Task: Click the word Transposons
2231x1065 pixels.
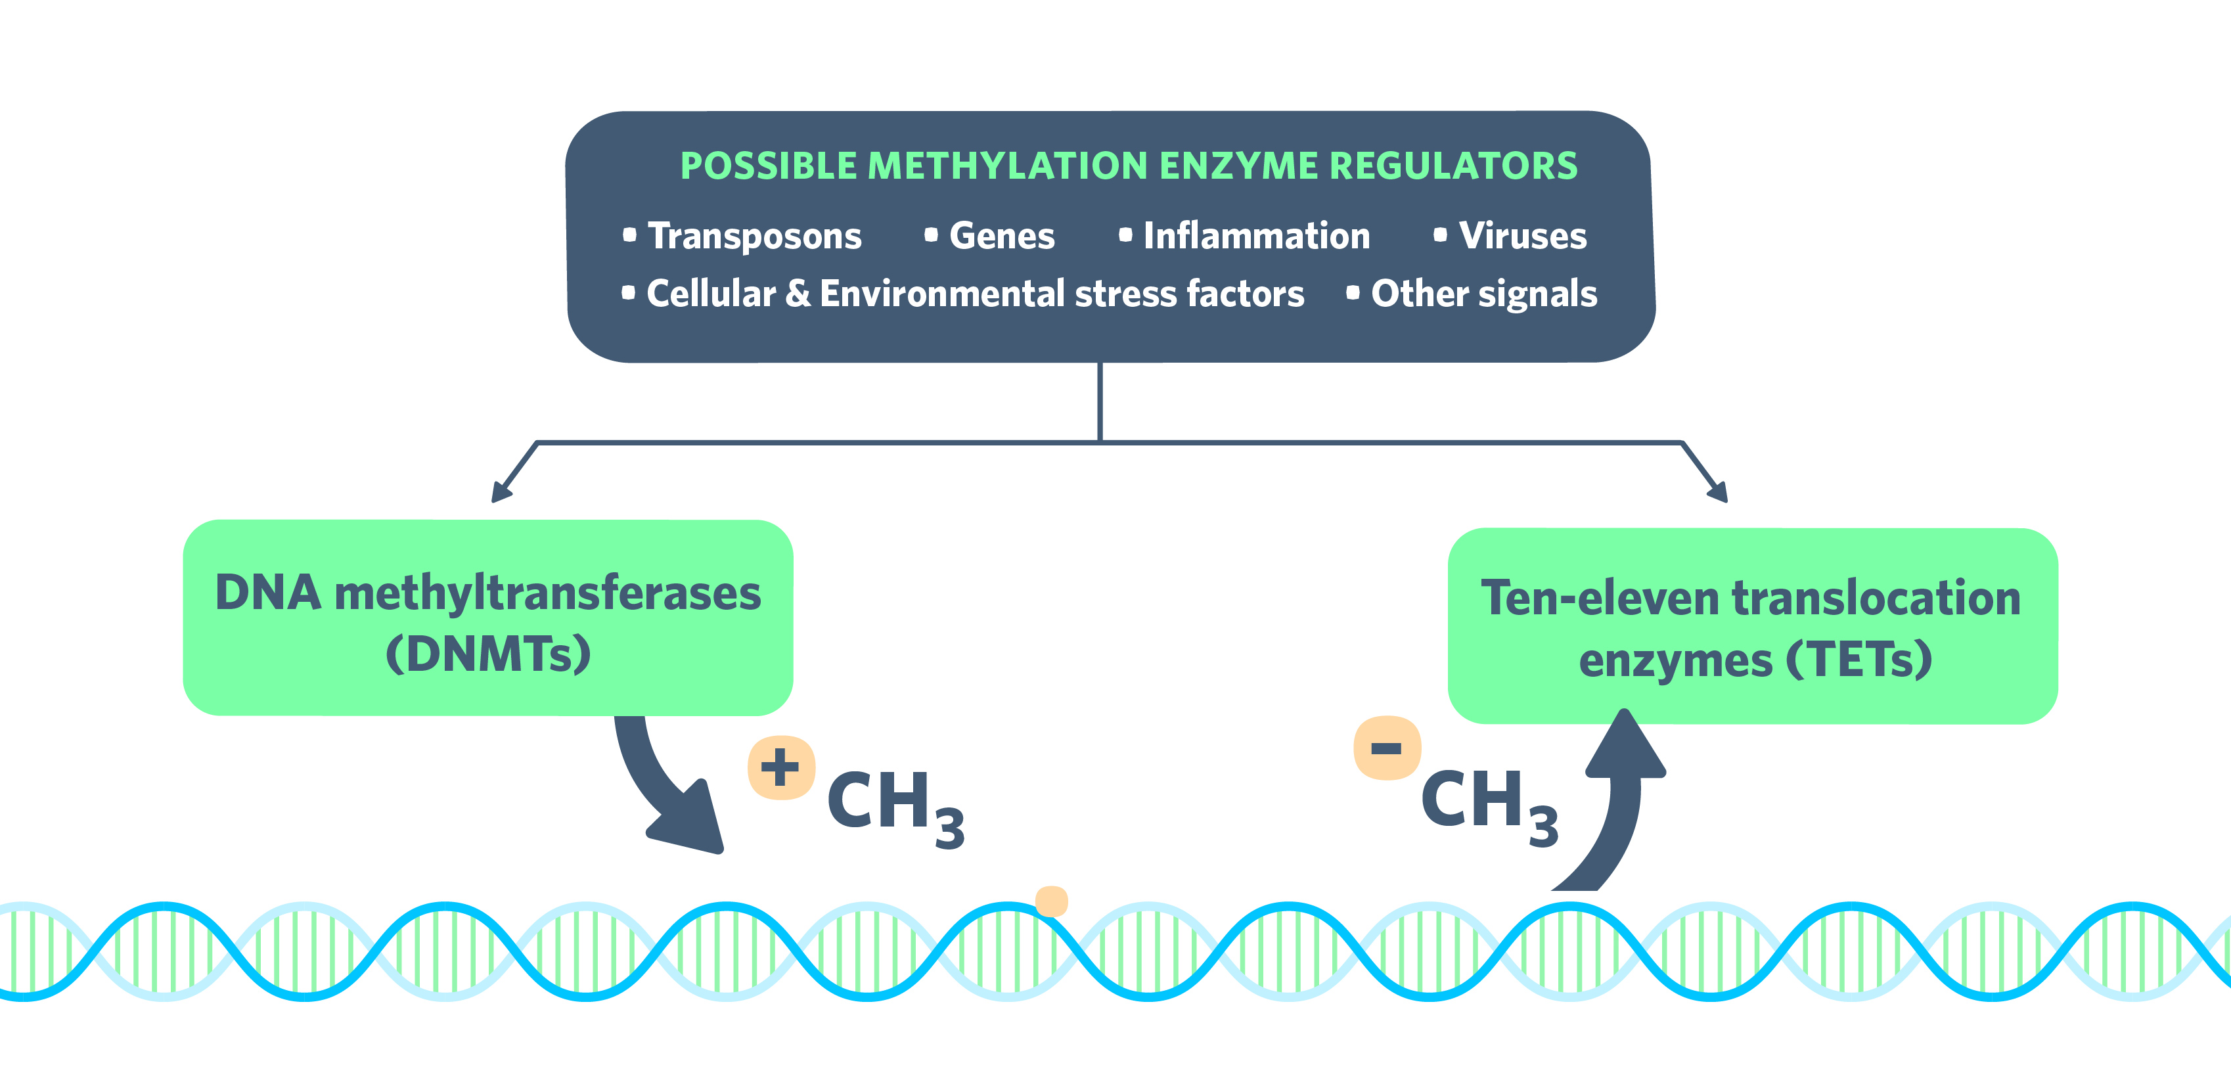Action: tap(754, 237)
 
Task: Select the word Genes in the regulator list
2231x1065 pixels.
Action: tap(1002, 237)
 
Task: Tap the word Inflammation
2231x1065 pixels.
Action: tap(1257, 237)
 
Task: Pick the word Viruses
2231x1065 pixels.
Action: tap(1523, 237)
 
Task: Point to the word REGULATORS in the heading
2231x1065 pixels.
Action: tap(1453, 166)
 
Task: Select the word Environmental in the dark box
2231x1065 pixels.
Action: tap(942, 294)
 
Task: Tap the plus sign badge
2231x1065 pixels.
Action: tap(780, 768)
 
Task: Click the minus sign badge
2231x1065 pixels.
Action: tap(1387, 748)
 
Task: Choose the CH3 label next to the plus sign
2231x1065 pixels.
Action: tap(895, 805)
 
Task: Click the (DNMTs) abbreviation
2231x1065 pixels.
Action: tap(489, 654)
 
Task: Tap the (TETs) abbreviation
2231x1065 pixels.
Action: tap(1859, 660)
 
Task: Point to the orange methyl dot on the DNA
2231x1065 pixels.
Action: tap(1051, 901)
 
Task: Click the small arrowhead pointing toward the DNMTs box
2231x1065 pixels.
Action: tap(500, 493)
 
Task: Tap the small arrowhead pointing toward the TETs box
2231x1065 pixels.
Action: tap(1719, 493)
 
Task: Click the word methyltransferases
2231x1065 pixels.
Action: tap(547, 594)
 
